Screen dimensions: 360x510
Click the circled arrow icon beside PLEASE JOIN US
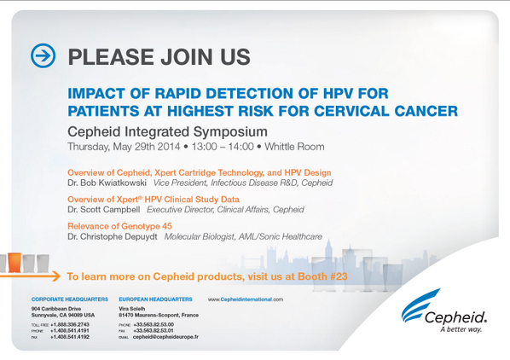pyautogui.click(x=43, y=56)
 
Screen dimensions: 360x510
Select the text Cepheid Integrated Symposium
pyautogui.click(x=167, y=131)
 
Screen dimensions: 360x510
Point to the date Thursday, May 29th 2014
pyautogui.click(x=129, y=146)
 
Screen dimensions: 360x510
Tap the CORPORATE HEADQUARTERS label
pyautogui.click(x=69, y=300)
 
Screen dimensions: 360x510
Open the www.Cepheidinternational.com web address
pyautogui.click(x=246, y=300)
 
